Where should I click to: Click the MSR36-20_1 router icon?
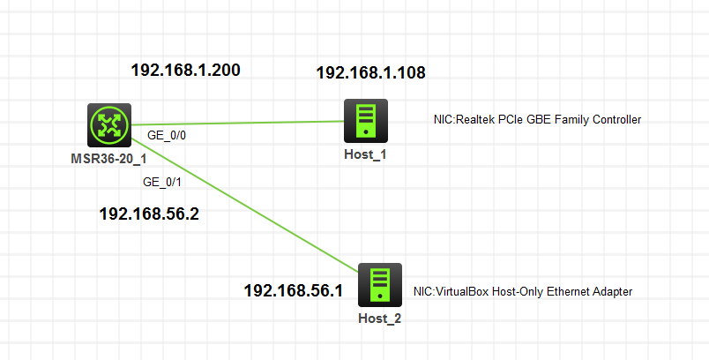pyautogui.click(x=109, y=125)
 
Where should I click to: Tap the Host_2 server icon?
pyautogui.click(x=380, y=285)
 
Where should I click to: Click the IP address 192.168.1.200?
pyautogui.click(x=186, y=71)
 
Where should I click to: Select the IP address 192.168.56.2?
pyautogui.click(x=148, y=214)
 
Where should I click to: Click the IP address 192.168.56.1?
pyautogui.click(x=293, y=290)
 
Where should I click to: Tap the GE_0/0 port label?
pyautogui.click(x=167, y=136)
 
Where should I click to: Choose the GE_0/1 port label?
pyautogui.click(x=161, y=183)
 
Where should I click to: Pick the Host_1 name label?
pyautogui.click(x=365, y=154)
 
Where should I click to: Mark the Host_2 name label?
pyautogui.click(x=380, y=318)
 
